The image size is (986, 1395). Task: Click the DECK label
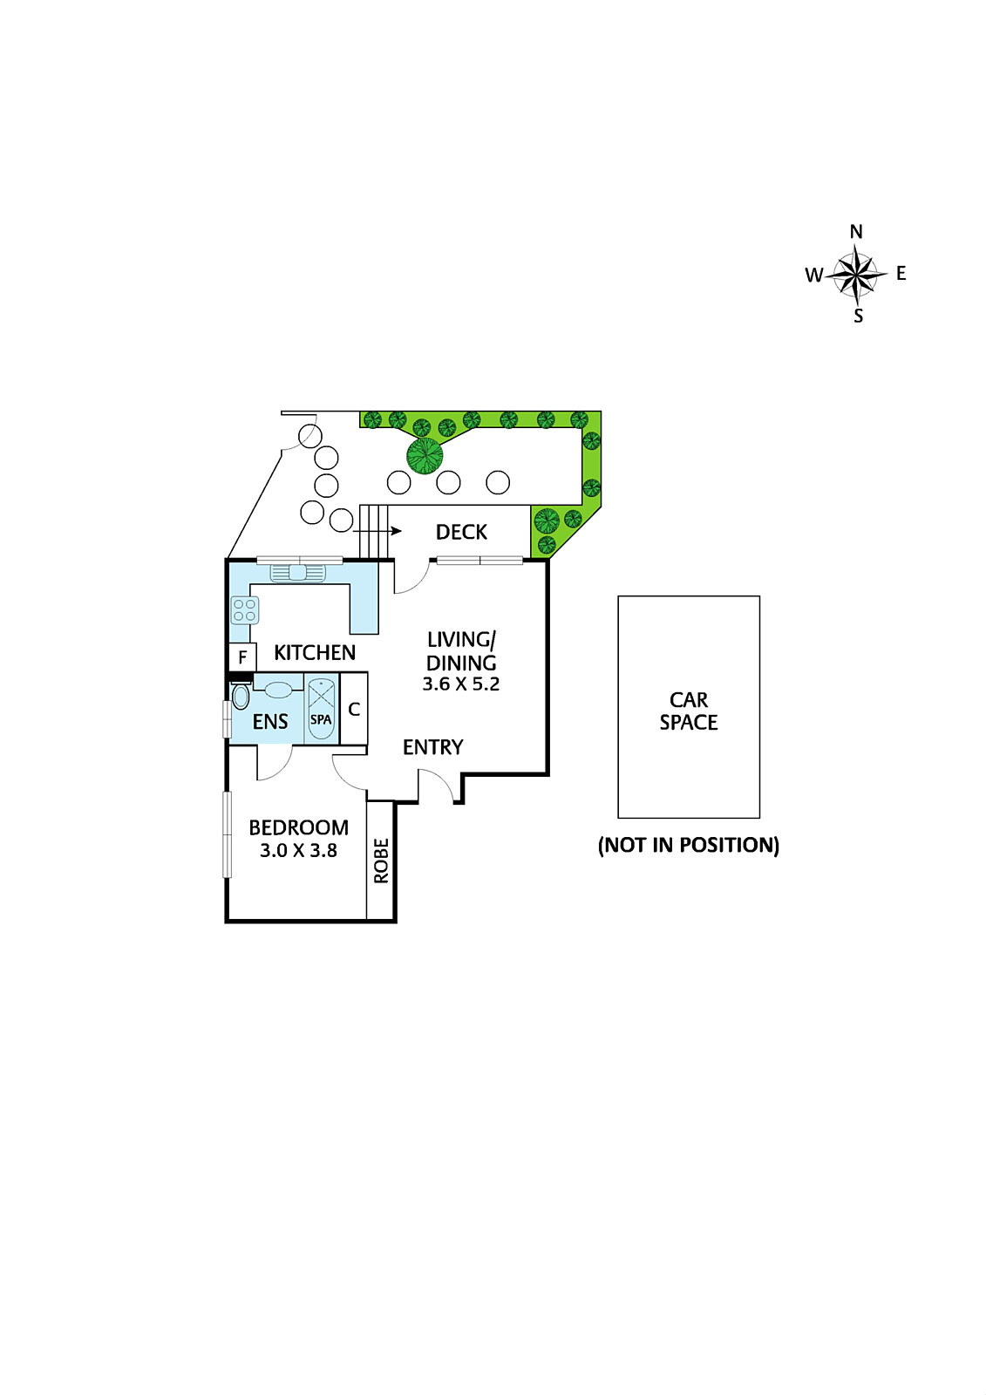tap(461, 532)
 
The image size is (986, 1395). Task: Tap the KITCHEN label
tap(315, 652)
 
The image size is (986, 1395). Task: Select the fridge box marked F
tap(242, 657)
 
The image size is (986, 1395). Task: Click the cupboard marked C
tap(354, 709)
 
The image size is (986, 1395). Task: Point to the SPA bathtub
tap(321, 709)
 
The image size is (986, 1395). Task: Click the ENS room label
tap(270, 721)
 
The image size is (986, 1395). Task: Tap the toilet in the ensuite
tap(241, 696)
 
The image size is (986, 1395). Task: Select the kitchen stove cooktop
tap(245, 609)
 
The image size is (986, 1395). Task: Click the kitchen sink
tap(298, 573)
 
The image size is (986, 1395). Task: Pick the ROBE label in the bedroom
tap(381, 861)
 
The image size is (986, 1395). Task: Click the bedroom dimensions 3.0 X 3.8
tap(298, 850)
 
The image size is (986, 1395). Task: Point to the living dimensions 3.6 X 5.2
tap(461, 684)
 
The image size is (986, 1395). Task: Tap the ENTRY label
tap(432, 747)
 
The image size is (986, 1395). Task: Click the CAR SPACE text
tap(689, 711)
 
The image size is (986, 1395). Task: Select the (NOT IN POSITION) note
tap(689, 845)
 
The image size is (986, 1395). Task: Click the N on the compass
tap(856, 232)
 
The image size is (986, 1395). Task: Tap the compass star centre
tap(857, 275)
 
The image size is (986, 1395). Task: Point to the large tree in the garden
tap(425, 455)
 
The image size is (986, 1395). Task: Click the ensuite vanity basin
tap(278, 690)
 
